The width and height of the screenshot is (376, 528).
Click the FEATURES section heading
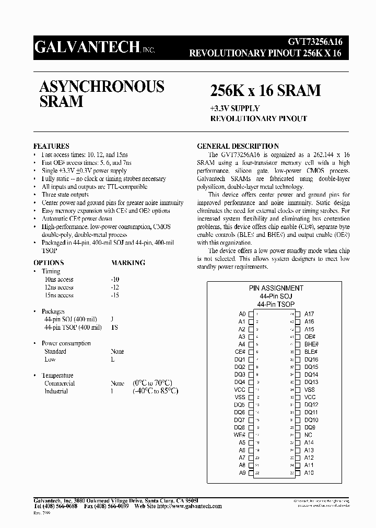point(51,146)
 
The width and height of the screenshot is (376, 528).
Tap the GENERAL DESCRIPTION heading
point(238,146)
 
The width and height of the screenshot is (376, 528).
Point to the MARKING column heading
point(128,263)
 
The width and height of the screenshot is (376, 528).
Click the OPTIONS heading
point(49,263)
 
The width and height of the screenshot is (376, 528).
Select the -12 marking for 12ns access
point(115,287)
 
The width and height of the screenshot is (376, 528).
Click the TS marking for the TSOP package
point(114,328)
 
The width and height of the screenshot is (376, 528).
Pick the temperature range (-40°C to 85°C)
point(156,391)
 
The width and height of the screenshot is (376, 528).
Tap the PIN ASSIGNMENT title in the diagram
point(276,288)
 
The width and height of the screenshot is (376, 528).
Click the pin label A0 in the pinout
point(242,314)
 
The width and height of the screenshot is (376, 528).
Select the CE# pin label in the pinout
point(240,352)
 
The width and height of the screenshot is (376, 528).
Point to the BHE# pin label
point(311,344)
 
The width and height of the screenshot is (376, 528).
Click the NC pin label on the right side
point(308,435)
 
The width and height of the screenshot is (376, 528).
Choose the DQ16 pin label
point(311,359)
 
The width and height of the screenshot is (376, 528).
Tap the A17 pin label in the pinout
point(309,314)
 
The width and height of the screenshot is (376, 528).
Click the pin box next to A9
point(251,473)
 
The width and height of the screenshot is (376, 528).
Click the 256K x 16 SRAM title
point(265,91)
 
